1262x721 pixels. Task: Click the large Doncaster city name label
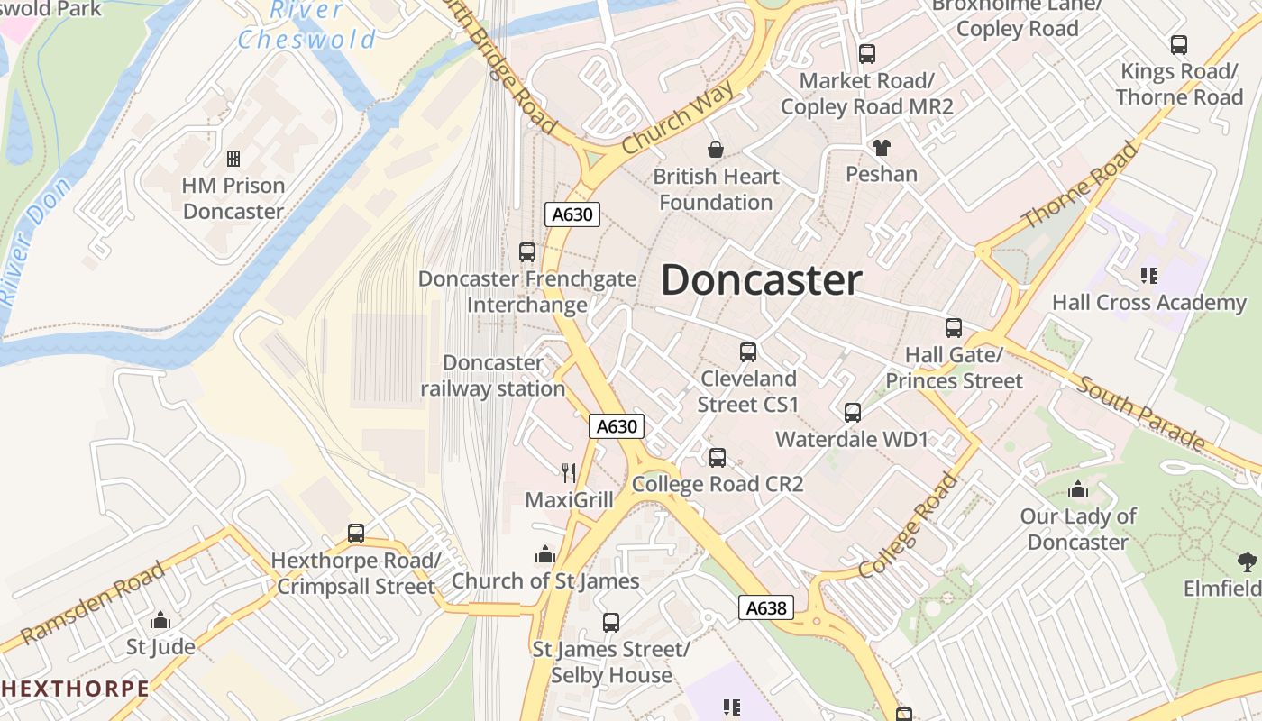click(x=762, y=280)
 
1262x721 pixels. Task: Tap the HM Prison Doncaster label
click(x=233, y=198)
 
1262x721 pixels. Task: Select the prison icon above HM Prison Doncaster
click(x=233, y=159)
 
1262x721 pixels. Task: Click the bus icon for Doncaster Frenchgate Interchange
click(x=527, y=252)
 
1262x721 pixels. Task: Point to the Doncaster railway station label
click(x=493, y=376)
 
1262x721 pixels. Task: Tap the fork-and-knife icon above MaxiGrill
click(x=569, y=471)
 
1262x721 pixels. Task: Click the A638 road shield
click(x=766, y=607)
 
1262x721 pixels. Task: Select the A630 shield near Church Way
click(x=572, y=214)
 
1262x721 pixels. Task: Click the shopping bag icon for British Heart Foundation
click(x=716, y=149)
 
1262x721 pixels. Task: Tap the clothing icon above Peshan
click(x=881, y=147)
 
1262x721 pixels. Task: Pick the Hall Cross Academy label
click(x=1149, y=303)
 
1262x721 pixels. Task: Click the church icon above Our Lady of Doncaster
click(x=1078, y=490)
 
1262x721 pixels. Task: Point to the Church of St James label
click(x=545, y=581)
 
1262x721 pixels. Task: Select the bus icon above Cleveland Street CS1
click(x=748, y=352)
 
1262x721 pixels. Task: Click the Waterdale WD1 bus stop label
click(x=852, y=440)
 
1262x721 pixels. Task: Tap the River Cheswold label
click(x=307, y=26)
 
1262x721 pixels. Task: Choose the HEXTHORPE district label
click(x=75, y=689)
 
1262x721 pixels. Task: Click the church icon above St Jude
click(x=160, y=620)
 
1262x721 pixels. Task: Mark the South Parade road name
click(x=1141, y=415)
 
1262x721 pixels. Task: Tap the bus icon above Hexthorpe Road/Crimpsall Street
click(x=356, y=534)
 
